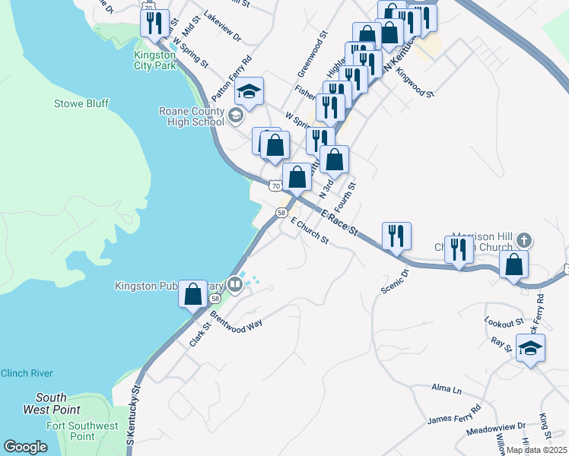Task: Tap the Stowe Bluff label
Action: click(x=81, y=103)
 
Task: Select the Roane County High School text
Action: click(x=192, y=116)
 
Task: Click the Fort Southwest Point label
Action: click(x=82, y=432)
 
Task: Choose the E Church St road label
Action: click(x=310, y=236)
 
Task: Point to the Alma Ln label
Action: click(x=447, y=389)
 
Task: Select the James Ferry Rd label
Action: click(x=454, y=414)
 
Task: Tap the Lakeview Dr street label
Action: click(x=223, y=36)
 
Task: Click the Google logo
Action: click(x=26, y=447)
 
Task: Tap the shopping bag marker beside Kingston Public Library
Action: click(x=193, y=293)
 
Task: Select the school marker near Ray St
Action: click(x=530, y=350)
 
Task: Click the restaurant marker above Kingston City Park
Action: click(x=157, y=23)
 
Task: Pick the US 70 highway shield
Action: click(x=275, y=185)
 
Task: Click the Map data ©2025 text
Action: click(x=537, y=450)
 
